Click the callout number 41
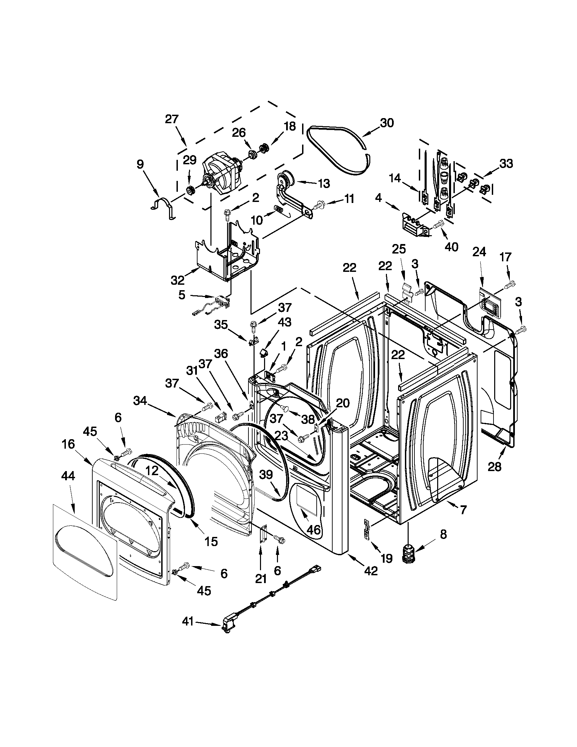coord(188,621)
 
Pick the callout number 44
coord(68,476)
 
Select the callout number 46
coord(313,530)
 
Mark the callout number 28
coord(495,466)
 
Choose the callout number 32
coord(178,280)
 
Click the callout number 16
coord(68,445)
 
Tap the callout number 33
coord(506,164)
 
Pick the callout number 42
coord(371,571)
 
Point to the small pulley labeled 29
coord(189,190)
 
